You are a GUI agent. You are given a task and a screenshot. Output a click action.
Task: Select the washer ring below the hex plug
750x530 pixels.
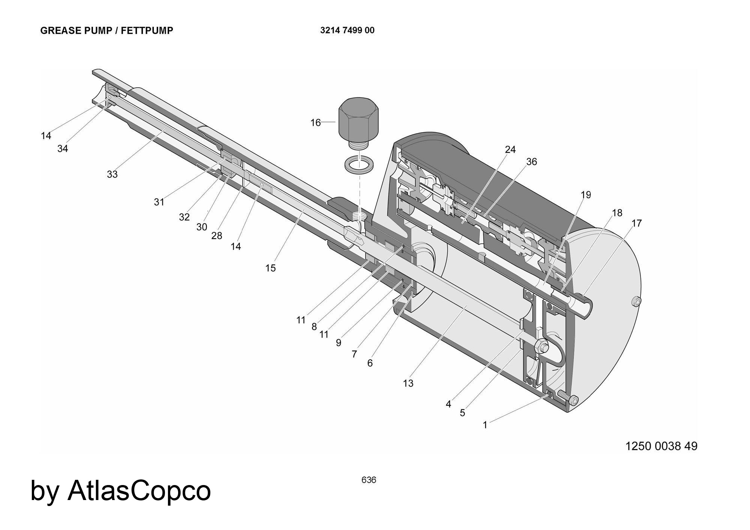358,164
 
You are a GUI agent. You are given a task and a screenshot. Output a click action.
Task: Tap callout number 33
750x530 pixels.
112,174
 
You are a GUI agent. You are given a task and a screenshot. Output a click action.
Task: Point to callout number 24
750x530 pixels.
510,150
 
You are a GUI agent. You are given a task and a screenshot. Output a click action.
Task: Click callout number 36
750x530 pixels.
531,162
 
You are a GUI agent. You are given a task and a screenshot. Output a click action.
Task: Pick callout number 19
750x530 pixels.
586,195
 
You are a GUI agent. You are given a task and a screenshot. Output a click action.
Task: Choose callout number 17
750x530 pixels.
636,223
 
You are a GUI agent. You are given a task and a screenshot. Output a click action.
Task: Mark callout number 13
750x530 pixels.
408,383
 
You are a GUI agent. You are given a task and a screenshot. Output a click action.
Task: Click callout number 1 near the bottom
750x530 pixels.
485,425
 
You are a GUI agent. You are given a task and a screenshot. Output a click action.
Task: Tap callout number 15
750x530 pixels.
270,268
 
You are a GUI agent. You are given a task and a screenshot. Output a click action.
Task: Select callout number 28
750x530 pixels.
217,236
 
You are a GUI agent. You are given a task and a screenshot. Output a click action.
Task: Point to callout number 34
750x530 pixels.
63,149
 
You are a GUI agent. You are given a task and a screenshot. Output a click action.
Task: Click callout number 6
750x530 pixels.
370,363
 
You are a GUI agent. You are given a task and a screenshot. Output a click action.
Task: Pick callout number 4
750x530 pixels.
448,404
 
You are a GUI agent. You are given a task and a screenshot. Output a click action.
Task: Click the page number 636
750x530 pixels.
369,480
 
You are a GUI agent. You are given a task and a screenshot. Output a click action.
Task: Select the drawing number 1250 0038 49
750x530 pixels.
661,446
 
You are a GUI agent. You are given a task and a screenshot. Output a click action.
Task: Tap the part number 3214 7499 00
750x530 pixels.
347,30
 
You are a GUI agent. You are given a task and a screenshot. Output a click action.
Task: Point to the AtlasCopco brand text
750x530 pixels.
139,490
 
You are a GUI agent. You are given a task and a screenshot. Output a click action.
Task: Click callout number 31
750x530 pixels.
159,202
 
